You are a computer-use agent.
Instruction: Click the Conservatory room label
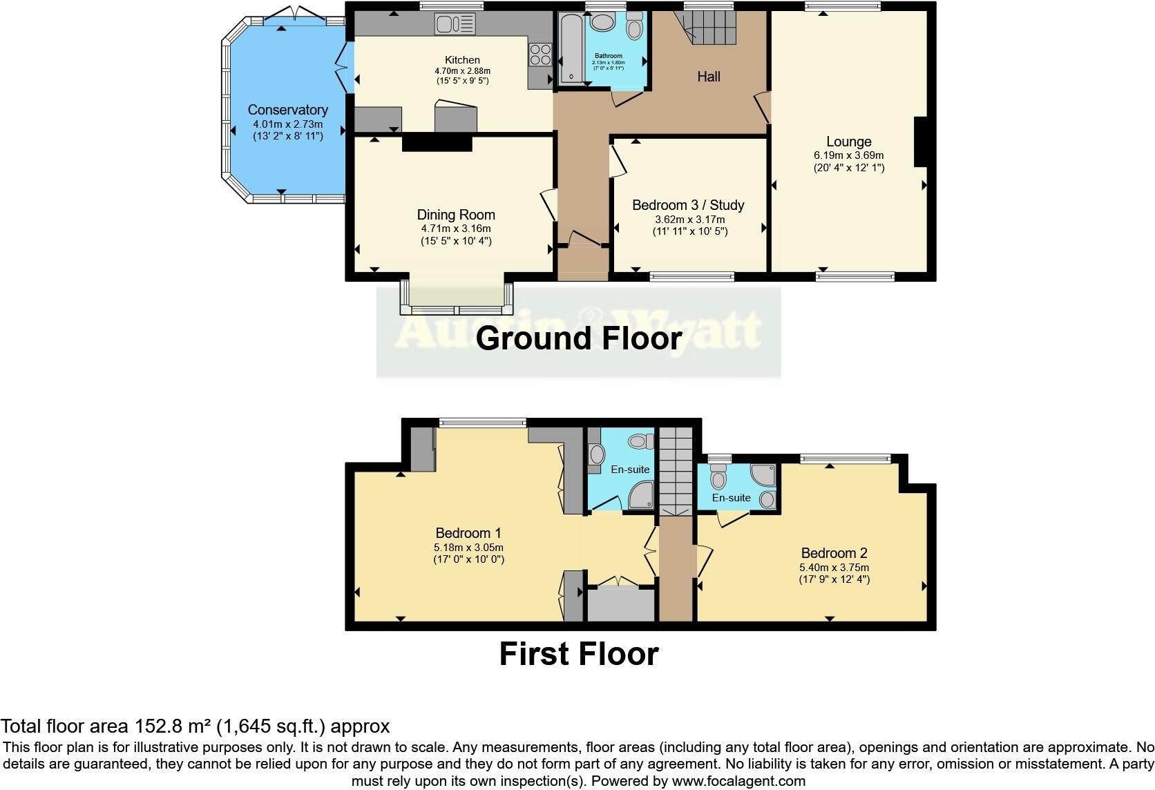pyautogui.click(x=287, y=110)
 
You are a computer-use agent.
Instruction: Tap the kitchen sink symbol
pyautogui.click(x=455, y=25)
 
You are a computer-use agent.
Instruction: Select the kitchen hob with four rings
pyautogui.click(x=540, y=54)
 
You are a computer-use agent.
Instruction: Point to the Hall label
pyautogui.click(x=709, y=77)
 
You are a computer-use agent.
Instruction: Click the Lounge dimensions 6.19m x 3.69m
pyautogui.click(x=849, y=155)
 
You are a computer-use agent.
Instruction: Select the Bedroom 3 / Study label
pyautogui.click(x=688, y=205)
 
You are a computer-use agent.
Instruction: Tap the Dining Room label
pyautogui.click(x=456, y=215)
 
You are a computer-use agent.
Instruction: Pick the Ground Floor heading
pyautogui.click(x=579, y=338)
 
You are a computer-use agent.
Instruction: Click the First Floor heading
pyautogui.click(x=579, y=654)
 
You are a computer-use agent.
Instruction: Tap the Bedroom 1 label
pyautogui.click(x=468, y=533)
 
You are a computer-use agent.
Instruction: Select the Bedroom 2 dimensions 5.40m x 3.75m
pyautogui.click(x=834, y=567)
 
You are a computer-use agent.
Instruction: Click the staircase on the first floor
pyautogui.click(x=675, y=470)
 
